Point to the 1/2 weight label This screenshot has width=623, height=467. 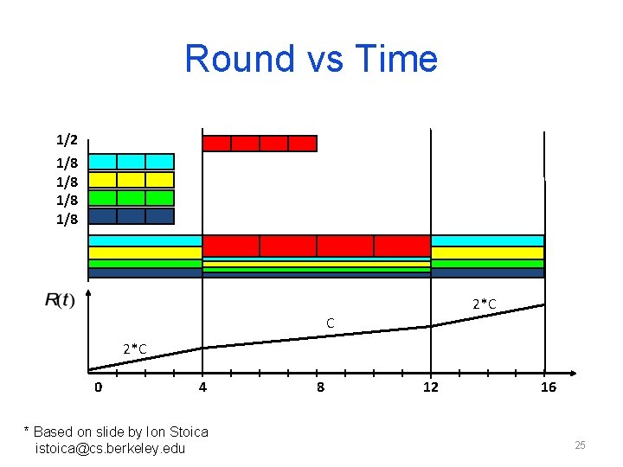[67, 139]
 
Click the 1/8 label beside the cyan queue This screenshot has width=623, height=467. [67, 163]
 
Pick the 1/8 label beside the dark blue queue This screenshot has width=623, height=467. [67, 219]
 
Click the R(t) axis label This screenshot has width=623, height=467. [60, 300]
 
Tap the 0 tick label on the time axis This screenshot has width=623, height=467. [98, 387]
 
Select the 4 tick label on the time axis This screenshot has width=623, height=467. [202, 387]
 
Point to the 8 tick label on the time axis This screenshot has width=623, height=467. [320, 387]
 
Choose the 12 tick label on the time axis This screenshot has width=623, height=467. [430, 387]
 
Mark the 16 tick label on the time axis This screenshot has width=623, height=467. [548, 387]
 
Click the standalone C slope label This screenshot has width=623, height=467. [331, 323]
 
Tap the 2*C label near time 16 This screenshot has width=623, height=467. [484, 304]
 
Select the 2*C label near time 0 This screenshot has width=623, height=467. [134, 349]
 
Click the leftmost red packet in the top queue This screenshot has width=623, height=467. [216, 144]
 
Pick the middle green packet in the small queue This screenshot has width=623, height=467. [131, 198]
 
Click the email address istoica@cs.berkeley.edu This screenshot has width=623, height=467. [110, 448]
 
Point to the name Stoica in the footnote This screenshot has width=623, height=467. [188, 432]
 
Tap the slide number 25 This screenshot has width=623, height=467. [580, 445]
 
